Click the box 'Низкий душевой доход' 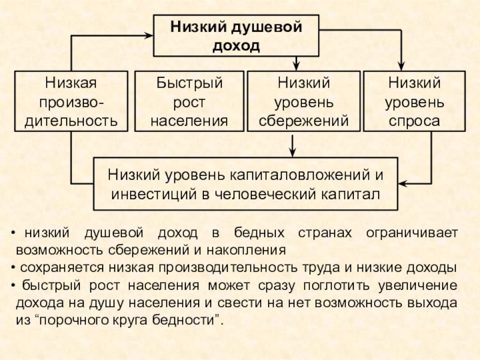coord(236,36)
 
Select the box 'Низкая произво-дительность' coord(71,101)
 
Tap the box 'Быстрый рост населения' coord(189,101)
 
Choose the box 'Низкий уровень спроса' coord(414,101)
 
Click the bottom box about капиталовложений coord(245,184)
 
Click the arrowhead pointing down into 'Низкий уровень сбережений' coord(295,65)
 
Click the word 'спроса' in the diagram coord(414,121)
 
